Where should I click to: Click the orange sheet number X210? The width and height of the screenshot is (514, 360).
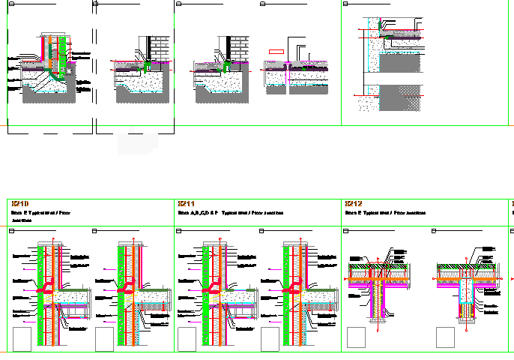pos(19,204)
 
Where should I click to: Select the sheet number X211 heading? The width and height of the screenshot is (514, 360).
pos(187,204)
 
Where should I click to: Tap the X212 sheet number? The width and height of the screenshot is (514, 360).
pos(354,204)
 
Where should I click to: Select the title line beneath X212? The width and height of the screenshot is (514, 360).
pos(385,213)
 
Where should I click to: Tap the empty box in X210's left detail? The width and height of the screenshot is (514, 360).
pos(22,338)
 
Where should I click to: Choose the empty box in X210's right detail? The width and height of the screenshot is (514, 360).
pos(105,338)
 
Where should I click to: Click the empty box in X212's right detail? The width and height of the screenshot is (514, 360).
pos(446,338)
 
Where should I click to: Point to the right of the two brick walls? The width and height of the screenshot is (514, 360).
pos(238,46)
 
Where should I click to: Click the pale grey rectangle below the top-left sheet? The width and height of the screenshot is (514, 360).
pos(138,142)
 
